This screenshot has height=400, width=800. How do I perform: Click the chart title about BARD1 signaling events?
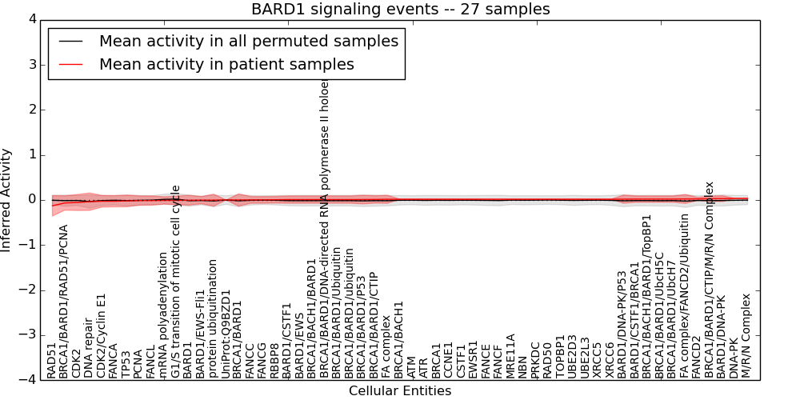click(x=400, y=10)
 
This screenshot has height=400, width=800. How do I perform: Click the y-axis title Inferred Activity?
click(x=7, y=199)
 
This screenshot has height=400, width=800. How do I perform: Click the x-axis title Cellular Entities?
click(x=400, y=391)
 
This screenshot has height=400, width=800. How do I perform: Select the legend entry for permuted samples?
click(x=248, y=42)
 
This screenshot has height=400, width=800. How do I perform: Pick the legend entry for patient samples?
click(x=226, y=64)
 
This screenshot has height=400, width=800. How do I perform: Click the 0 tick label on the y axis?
click(x=31, y=199)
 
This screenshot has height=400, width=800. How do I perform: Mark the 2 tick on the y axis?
click(x=31, y=110)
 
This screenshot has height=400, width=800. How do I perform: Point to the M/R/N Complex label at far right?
click(x=746, y=335)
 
